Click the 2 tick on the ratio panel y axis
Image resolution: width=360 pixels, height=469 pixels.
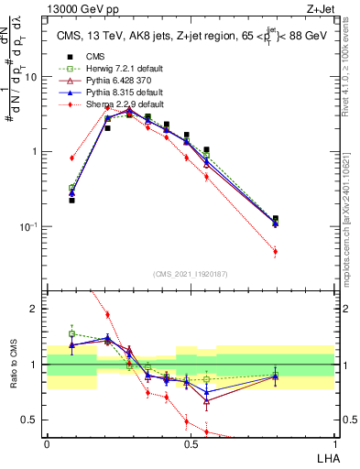(x=38, y=309)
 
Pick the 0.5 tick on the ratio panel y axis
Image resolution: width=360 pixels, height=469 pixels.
(x=34, y=420)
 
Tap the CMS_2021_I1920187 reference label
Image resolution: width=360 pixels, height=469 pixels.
(x=191, y=272)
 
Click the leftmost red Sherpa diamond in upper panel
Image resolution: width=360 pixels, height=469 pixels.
(x=71, y=158)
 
